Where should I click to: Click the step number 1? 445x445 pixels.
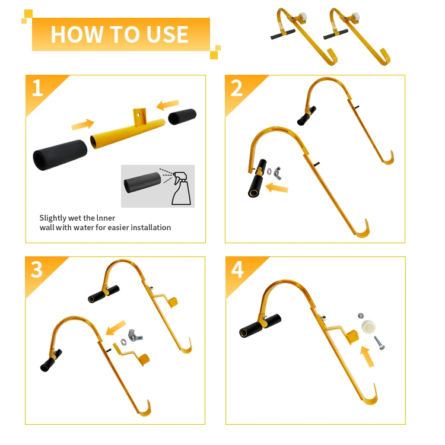[37, 88]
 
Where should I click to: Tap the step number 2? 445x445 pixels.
[237, 88]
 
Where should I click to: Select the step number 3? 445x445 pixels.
[37, 269]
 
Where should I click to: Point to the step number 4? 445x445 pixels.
[237, 270]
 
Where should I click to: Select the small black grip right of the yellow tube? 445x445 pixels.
[182, 116]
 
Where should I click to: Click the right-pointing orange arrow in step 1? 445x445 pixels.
[82, 124]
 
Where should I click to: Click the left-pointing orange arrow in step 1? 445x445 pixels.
[167, 105]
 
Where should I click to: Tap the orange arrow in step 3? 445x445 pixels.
[116, 328]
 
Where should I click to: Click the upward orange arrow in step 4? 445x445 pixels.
[368, 357]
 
